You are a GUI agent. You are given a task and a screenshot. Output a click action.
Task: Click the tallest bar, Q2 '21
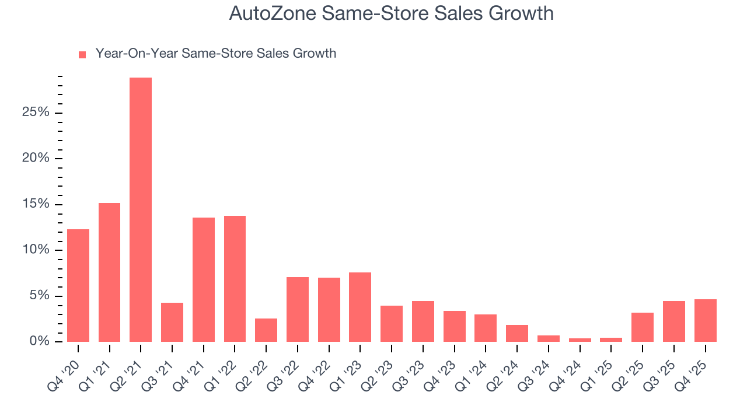[x=141, y=210]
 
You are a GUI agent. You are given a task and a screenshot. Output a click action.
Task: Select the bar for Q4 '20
[x=78, y=286]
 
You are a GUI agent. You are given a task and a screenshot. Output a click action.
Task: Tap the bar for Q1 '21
[x=110, y=272]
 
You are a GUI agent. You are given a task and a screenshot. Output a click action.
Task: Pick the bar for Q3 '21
[x=172, y=322]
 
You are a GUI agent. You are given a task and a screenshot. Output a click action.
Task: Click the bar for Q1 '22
[x=235, y=279]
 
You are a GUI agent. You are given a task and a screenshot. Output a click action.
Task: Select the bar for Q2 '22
[x=266, y=330]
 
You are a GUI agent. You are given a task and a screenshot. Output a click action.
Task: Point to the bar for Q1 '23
[x=360, y=307]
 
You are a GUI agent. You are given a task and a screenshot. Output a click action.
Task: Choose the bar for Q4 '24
[x=580, y=339]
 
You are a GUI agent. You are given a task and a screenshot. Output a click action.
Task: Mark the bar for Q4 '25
[x=705, y=321]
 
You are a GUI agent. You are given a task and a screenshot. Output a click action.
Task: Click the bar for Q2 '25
[x=643, y=327]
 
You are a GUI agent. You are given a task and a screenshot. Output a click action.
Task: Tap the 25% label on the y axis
[x=36, y=113]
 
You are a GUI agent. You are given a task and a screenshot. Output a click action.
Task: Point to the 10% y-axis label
[x=36, y=250]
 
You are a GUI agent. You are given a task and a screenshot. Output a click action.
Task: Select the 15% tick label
[x=36, y=204]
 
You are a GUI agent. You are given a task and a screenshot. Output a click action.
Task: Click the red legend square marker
[x=82, y=54]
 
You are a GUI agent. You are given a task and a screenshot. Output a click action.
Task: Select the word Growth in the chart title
[x=523, y=13]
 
